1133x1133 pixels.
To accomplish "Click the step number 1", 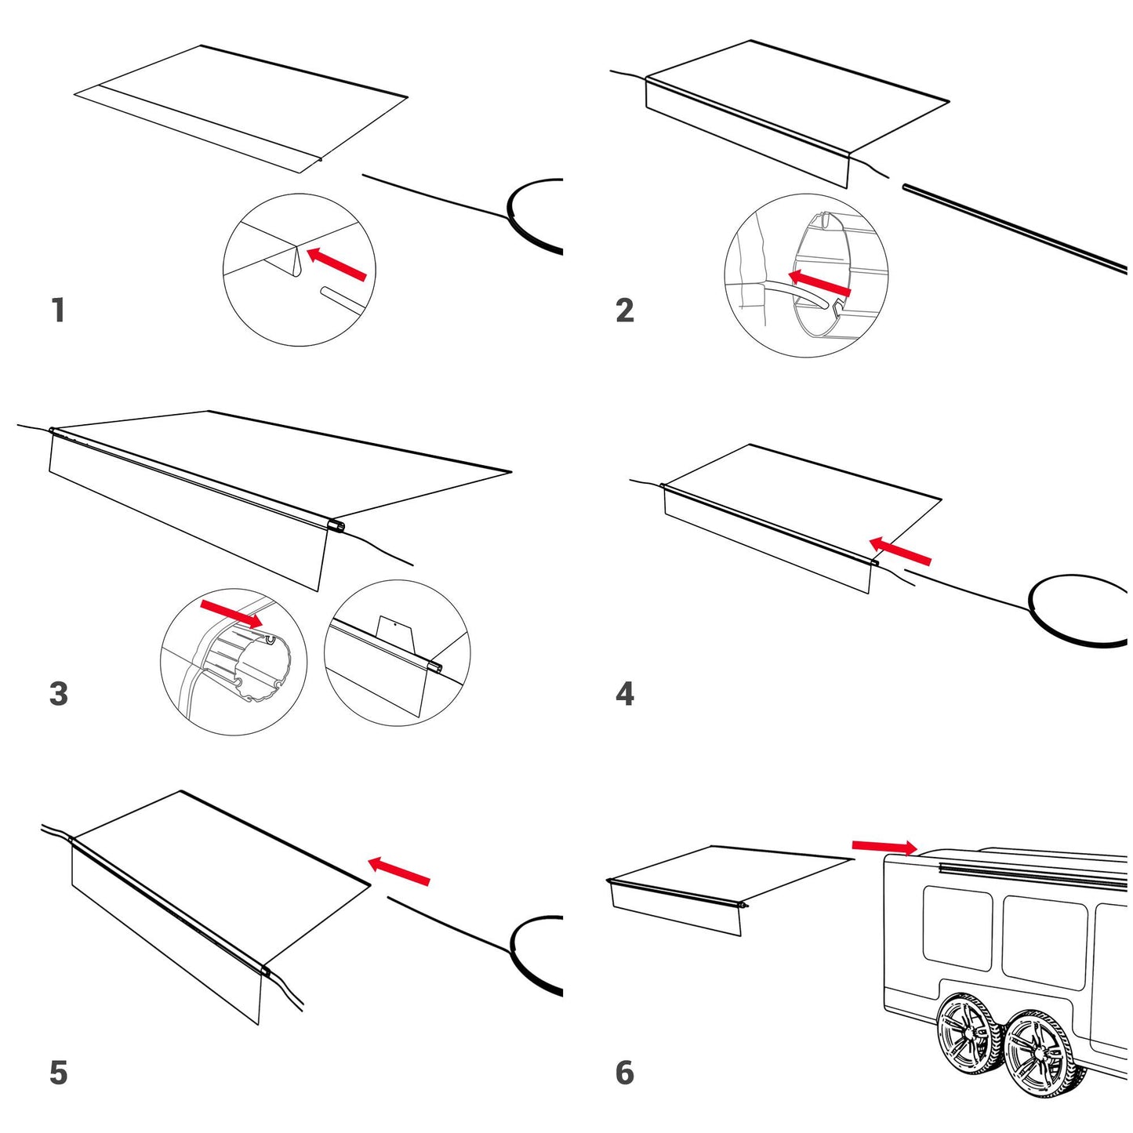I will click(58, 310).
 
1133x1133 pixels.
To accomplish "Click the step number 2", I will click(625, 310).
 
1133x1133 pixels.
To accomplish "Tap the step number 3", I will click(59, 694).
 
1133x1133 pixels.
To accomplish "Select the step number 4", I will click(625, 694).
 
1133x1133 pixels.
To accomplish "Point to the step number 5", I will click(59, 1073).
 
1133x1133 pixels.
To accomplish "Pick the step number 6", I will click(625, 1073).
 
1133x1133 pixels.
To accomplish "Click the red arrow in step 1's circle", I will click(336, 263).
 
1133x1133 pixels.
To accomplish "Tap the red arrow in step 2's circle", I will click(819, 283).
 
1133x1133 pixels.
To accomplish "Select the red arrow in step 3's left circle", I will click(232, 614).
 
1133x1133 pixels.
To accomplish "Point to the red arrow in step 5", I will click(398, 870).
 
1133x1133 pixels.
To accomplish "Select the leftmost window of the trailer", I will click(958, 927).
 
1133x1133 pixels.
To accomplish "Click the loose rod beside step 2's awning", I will click(1015, 228).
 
